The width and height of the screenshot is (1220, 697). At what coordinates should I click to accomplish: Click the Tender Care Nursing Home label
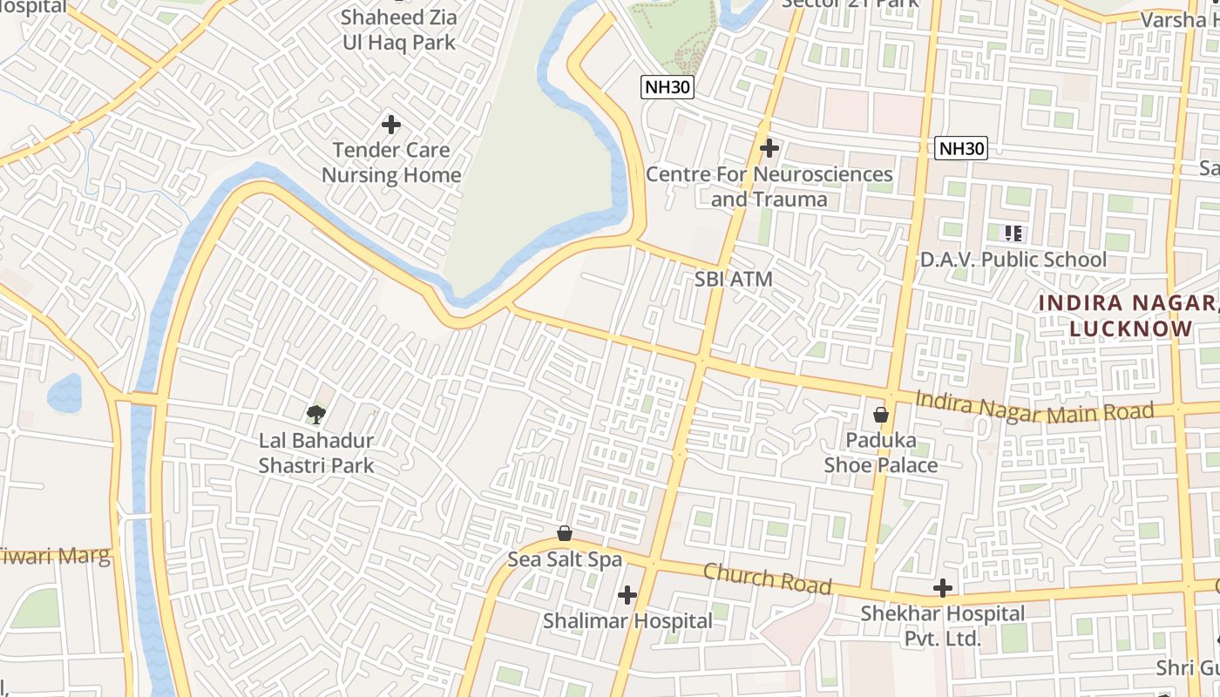pos(391,162)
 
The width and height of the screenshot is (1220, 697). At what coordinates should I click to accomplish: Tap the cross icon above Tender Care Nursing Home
pos(391,125)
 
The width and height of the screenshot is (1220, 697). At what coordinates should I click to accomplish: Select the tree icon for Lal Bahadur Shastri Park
pos(315,414)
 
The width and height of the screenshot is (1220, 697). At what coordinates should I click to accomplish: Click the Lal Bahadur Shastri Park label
pos(315,453)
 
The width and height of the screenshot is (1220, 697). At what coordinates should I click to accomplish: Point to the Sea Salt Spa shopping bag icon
pos(565,532)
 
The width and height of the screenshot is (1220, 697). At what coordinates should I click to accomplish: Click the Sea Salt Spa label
pos(565,559)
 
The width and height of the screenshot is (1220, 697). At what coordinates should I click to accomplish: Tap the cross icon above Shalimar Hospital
pos(627,595)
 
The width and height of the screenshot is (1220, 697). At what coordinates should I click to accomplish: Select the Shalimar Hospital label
pos(627,621)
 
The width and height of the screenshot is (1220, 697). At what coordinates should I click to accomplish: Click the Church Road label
pos(767,579)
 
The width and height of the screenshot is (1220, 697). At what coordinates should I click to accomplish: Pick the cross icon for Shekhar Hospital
pos(942,588)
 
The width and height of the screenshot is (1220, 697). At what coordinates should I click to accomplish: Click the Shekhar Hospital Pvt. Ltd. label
pos(942,626)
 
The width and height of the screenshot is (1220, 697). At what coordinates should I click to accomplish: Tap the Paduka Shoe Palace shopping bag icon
pos(881,414)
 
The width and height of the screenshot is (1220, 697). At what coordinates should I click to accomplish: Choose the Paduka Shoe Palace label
pos(881,452)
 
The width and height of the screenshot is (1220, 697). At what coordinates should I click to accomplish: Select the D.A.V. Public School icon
pos(1013,233)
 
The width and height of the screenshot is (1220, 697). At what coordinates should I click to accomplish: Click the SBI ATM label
pos(734,280)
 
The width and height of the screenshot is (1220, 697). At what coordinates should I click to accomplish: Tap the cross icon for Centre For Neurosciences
pos(769,148)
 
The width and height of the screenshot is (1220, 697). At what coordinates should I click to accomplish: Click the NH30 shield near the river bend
pos(668,87)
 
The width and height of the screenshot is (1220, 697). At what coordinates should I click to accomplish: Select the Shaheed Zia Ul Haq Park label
pos(398,30)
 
